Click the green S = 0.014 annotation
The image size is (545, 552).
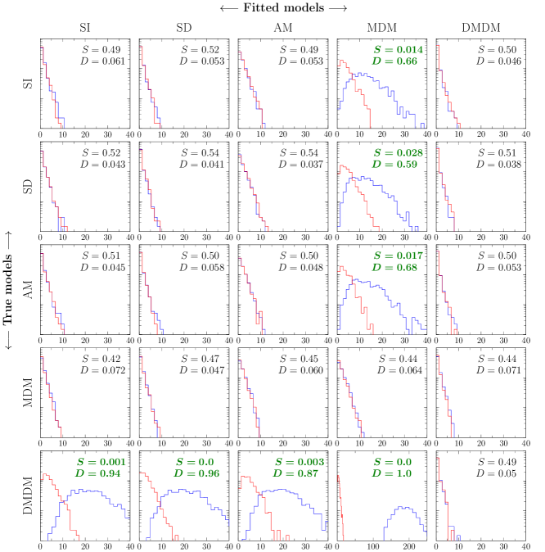(x=398, y=50)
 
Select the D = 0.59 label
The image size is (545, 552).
(x=394, y=164)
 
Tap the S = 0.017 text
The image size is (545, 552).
(x=398, y=256)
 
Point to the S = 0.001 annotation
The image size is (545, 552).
(x=101, y=462)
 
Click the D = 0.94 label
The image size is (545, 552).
(x=97, y=473)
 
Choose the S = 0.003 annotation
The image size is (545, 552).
(x=299, y=462)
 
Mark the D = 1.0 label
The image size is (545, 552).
(x=391, y=473)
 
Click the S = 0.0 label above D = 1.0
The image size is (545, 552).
(x=392, y=462)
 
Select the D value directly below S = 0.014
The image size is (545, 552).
(x=394, y=61)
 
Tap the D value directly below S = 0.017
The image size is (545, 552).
(x=394, y=267)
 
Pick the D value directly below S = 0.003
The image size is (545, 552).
(x=295, y=473)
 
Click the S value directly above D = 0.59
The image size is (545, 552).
(x=398, y=153)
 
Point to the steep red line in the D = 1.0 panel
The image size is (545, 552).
(x=340, y=508)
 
